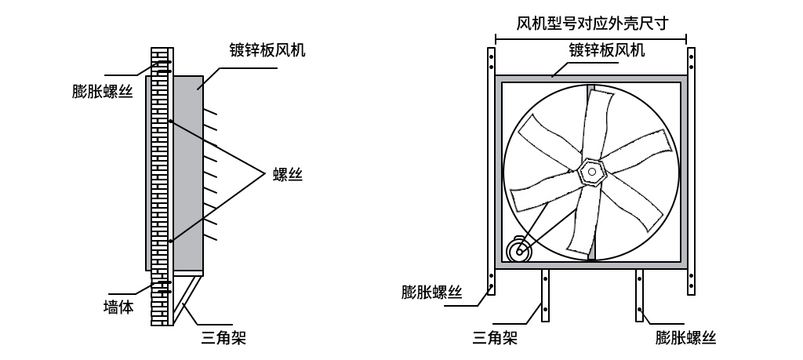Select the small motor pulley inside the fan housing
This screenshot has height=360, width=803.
pyautogui.click(x=518, y=251)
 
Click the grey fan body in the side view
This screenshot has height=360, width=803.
pyautogui.click(x=188, y=173)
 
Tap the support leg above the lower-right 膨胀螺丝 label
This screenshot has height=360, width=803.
pyautogui.click(x=639, y=295)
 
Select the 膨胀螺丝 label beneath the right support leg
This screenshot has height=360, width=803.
pyautogui.click(x=687, y=338)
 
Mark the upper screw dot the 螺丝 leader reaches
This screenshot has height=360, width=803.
pyautogui.click(x=169, y=121)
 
